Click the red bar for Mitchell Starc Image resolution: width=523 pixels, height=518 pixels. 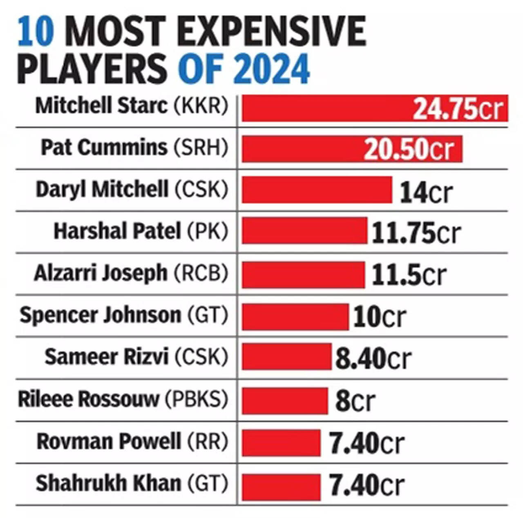327,108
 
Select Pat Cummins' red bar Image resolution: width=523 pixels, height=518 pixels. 302,149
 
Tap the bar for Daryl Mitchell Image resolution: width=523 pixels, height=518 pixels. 317,190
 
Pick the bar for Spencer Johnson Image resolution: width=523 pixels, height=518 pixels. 295,316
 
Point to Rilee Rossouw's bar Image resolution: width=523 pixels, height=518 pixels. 285,401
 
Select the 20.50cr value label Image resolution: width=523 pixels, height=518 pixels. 409,149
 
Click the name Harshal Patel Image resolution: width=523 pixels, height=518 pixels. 117,231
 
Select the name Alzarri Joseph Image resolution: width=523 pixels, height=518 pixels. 101,273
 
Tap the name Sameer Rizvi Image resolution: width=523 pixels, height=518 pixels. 107,357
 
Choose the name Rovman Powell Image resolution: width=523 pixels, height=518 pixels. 109,441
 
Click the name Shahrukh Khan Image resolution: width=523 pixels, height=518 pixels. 108,483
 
